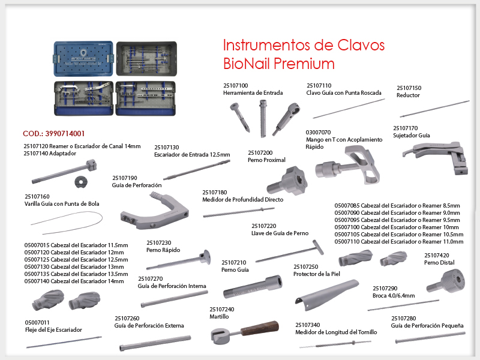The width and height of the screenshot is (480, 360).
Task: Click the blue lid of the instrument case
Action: (x=83, y=58)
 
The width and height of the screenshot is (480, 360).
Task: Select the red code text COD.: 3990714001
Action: (x=53, y=134)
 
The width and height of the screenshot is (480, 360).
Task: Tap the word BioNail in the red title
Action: (x=246, y=64)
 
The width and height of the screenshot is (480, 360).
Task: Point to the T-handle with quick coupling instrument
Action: (x=347, y=166)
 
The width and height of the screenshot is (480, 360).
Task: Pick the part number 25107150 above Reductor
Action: (x=409, y=88)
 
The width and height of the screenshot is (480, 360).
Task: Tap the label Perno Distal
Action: (x=439, y=263)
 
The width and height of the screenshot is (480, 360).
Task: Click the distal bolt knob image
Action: (x=446, y=281)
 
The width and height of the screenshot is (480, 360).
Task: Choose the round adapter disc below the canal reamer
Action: (x=81, y=182)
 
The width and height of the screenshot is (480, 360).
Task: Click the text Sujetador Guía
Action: (x=412, y=136)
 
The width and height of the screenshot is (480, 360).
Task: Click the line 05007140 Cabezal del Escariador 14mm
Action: (x=74, y=281)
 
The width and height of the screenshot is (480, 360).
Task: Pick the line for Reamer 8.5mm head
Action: (x=397, y=206)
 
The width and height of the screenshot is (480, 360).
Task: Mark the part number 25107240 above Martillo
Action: (x=221, y=310)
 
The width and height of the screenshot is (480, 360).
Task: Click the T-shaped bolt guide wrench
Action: (x=290, y=253)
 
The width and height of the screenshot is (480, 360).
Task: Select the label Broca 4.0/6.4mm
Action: (x=394, y=296)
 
